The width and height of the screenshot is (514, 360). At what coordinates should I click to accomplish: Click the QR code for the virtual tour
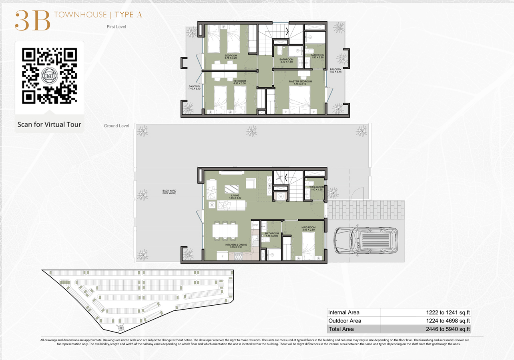tap(49, 76)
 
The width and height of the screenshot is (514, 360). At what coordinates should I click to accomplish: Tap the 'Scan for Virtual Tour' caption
tap(49, 124)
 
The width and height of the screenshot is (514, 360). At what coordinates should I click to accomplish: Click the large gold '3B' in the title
tap(32, 20)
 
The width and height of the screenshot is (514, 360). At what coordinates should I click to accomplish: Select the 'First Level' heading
tap(116, 27)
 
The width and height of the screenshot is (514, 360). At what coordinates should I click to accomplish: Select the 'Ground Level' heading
tap(116, 126)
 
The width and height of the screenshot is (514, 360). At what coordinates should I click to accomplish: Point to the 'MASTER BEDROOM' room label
tap(300, 82)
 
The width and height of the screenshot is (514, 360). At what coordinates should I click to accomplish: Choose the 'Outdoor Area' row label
tap(344, 321)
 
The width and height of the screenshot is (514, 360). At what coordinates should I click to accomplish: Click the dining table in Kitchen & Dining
tap(225, 231)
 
